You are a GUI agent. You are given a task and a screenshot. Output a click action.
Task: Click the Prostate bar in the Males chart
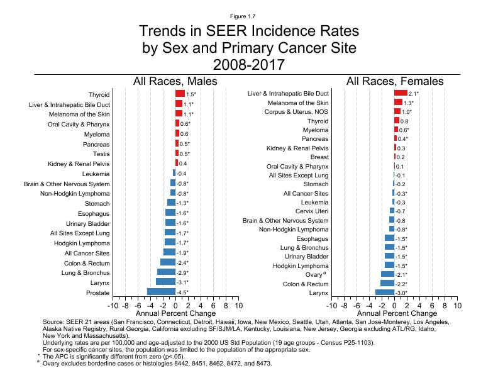click(x=161, y=292)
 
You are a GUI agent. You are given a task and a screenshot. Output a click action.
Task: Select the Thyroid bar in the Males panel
click(x=180, y=93)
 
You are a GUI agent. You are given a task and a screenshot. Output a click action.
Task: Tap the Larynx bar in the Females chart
click(x=385, y=292)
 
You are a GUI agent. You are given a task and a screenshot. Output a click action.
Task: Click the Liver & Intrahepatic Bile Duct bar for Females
click(x=401, y=93)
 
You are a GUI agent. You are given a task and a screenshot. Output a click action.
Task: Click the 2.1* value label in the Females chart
click(x=414, y=94)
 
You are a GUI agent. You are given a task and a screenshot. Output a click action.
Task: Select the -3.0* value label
click(x=401, y=293)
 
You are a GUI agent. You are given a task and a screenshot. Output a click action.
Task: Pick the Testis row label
click(x=101, y=153)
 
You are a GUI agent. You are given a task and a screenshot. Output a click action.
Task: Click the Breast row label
click(x=319, y=157)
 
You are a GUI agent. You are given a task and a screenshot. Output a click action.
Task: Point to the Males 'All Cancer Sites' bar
click(x=169, y=252)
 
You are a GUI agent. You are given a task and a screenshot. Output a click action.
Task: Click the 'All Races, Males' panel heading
click(x=175, y=81)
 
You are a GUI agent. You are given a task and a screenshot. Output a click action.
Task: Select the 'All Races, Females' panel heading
click(x=394, y=81)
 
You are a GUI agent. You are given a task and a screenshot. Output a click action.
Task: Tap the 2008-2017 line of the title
click(x=249, y=64)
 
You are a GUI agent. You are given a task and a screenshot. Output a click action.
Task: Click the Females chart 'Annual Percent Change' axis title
click(x=394, y=313)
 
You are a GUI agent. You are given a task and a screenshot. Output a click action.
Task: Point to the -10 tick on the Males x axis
click(x=113, y=306)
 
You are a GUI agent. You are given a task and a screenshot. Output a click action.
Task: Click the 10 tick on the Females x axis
click(x=457, y=306)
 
